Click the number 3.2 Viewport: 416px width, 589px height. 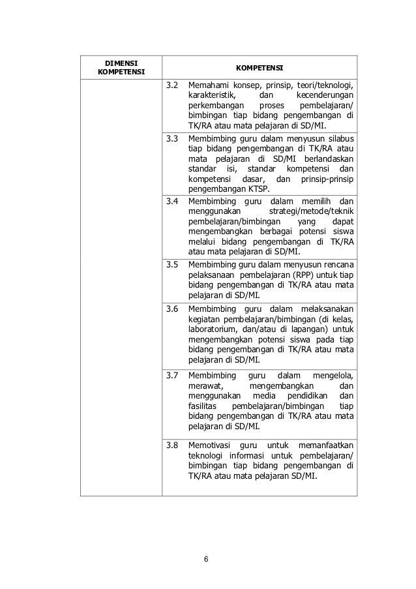pyautogui.click(x=172, y=85)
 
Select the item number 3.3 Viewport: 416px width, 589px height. pyautogui.click(x=172, y=139)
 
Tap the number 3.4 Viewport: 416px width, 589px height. pyautogui.click(x=172, y=201)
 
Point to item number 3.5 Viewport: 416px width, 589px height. pyautogui.click(x=172, y=264)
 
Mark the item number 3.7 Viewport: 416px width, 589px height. pyautogui.click(x=172, y=375)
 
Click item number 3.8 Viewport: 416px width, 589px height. pyautogui.click(x=172, y=445)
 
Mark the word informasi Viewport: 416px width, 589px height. pyautogui.click(x=252, y=455)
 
